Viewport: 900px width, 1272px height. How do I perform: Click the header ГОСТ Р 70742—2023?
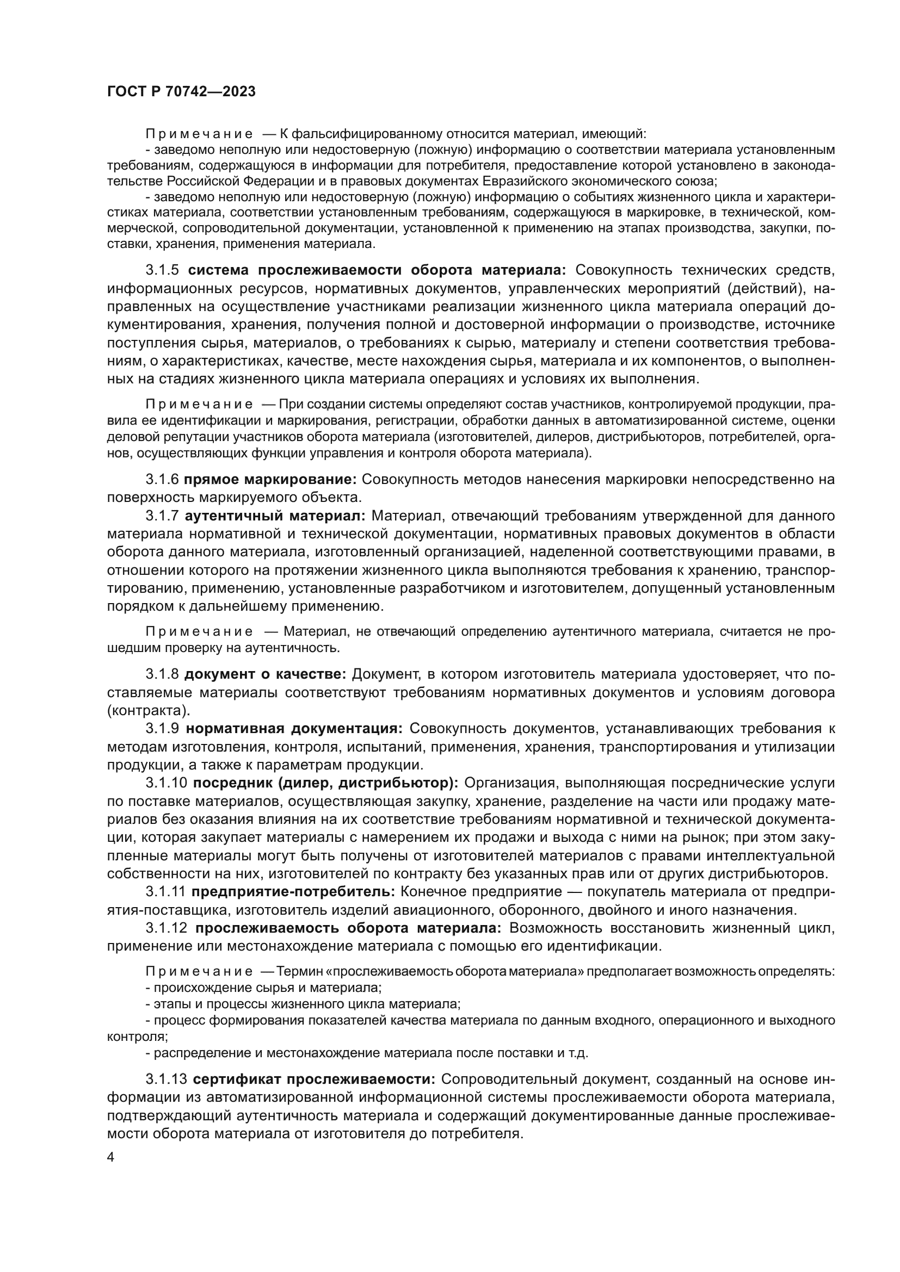(181, 92)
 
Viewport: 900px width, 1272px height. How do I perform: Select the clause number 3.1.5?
(162, 270)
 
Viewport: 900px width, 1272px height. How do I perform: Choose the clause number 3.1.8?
(162, 674)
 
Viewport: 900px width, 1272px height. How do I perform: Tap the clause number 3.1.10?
(167, 783)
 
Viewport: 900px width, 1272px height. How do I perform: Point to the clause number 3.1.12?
(167, 928)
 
